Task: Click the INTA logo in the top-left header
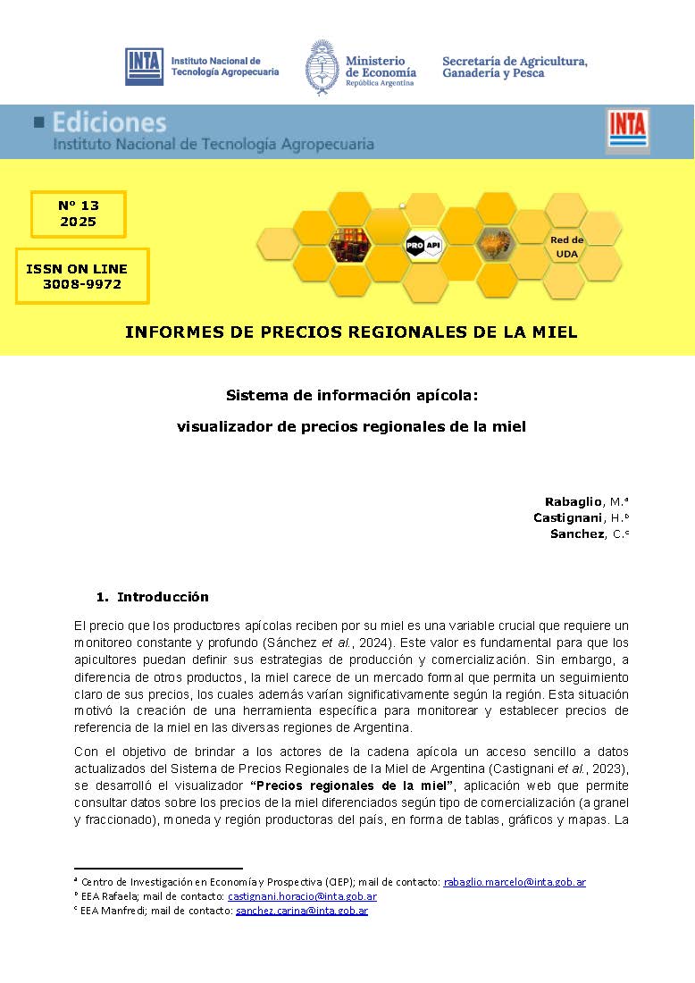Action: tap(144, 66)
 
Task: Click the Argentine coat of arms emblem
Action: tap(321, 66)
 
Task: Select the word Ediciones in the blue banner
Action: tap(109, 122)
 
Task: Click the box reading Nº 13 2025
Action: tap(79, 214)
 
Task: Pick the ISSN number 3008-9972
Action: tap(82, 284)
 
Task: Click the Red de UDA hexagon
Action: tap(566, 247)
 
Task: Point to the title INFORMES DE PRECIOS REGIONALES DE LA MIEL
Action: tap(351, 332)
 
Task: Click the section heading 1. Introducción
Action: tap(153, 597)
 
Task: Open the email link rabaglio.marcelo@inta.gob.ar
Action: tap(515, 882)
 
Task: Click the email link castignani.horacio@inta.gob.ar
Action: tap(302, 896)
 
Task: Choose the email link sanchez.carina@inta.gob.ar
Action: tap(302, 911)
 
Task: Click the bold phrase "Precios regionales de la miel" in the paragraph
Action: tap(353, 786)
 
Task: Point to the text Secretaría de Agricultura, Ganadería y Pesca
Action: tap(515, 66)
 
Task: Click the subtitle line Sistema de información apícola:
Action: tap(353, 394)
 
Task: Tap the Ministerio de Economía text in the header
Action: tap(381, 67)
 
